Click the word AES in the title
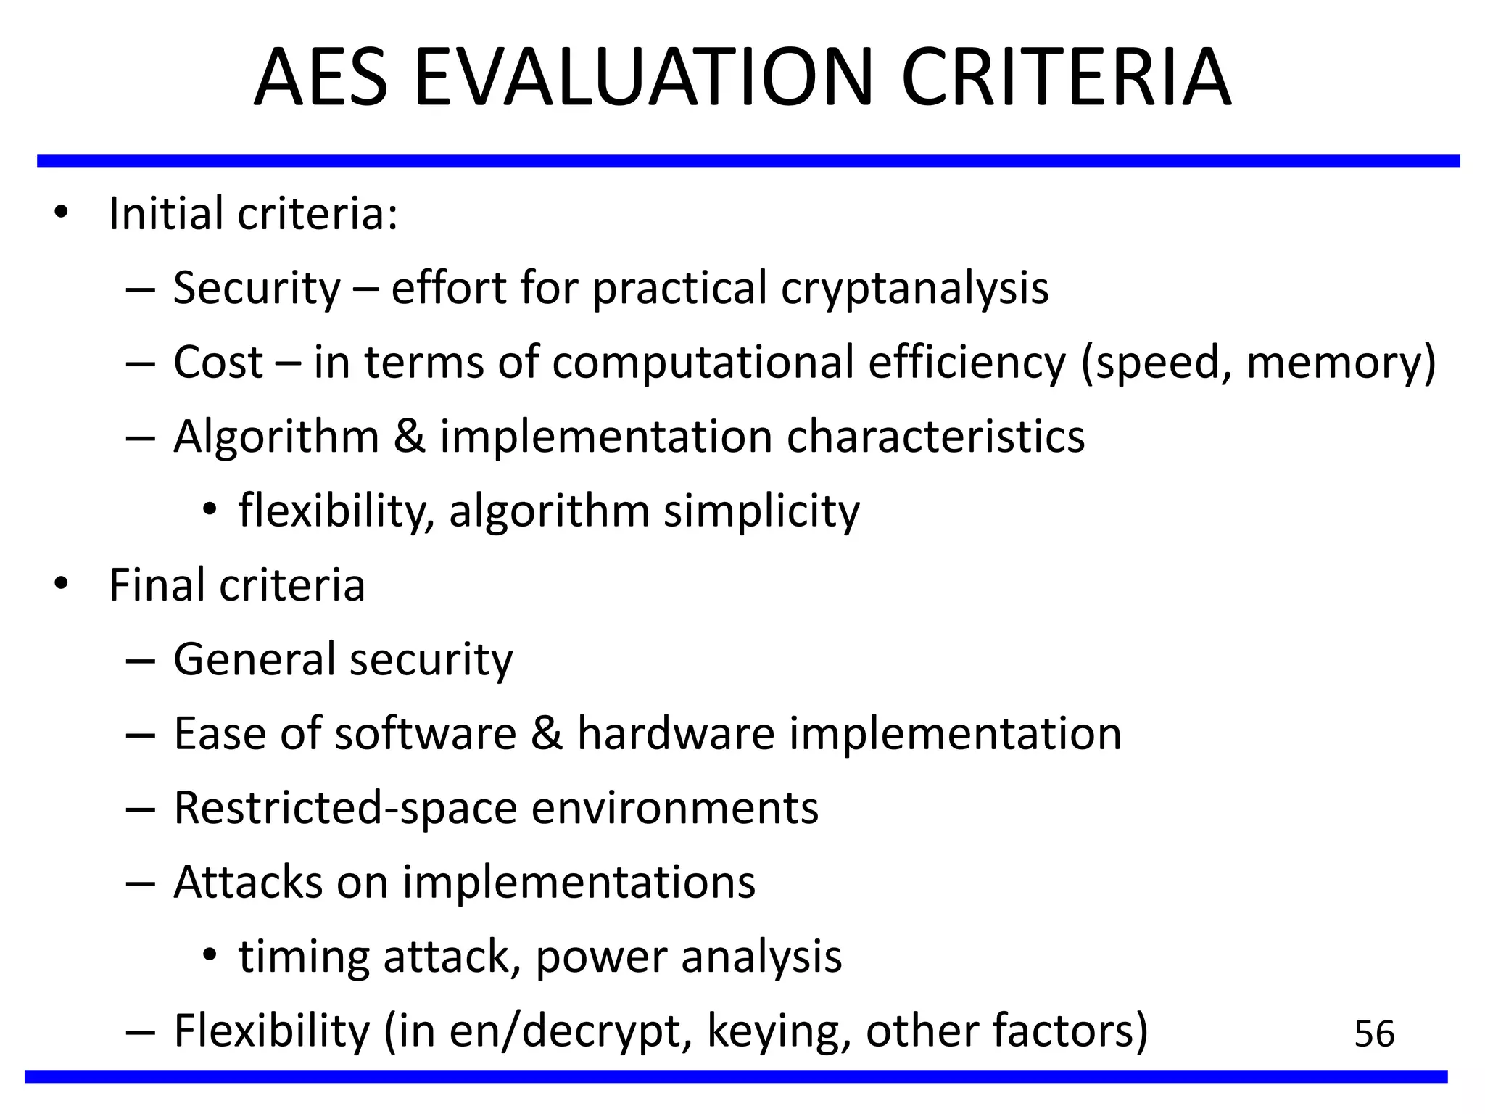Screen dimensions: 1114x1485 [x=321, y=78]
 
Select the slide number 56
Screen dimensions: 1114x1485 [x=1374, y=1033]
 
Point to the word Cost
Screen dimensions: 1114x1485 [x=218, y=362]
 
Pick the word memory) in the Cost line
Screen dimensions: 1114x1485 [x=1341, y=363]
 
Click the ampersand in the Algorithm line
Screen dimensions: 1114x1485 [x=410, y=437]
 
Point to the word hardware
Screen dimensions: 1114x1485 [x=676, y=733]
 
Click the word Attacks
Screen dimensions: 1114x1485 [x=248, y=883]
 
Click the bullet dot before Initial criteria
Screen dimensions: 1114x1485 [x=61, y=213]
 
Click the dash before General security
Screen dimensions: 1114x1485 [x=140, y=661]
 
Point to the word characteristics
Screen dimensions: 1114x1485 [x=935, y=437]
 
